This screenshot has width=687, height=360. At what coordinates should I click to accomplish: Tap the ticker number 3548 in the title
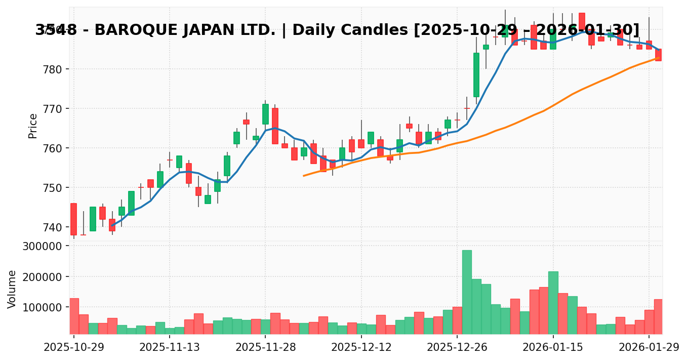coord(56,30)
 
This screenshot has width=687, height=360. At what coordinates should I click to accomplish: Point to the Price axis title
coord(33,126)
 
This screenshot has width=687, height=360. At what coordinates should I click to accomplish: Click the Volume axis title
coord(12,289)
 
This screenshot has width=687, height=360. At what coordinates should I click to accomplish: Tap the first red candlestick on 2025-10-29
coord(73,219)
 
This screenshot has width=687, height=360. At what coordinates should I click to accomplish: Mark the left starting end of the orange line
coord(304,176)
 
